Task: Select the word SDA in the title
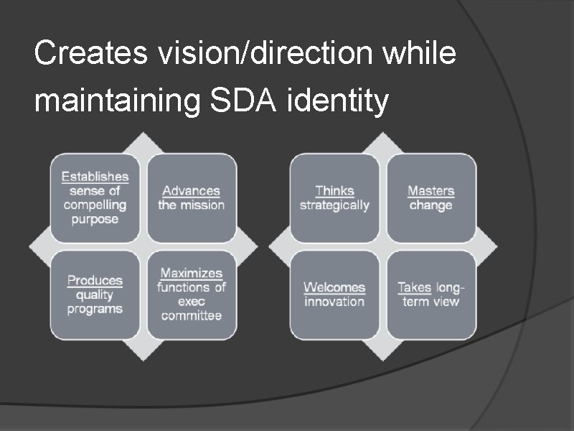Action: click(244, 101)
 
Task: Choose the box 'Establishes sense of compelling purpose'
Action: click(95, 198)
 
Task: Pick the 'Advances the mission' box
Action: click(192, 198)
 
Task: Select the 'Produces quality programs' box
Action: click(95, 295)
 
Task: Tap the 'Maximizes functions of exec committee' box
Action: click(192, 295)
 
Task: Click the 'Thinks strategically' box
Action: click(334, 198)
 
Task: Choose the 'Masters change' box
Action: click(431, 198)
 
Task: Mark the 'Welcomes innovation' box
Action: click(334, 295)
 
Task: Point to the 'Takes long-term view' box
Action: click(431, 295)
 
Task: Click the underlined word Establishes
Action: click(95, 177)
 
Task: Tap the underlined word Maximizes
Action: click(192, 273)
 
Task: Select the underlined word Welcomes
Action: click(334, 287)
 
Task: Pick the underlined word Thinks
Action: click(334, 190)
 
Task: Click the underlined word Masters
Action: click(431, 190)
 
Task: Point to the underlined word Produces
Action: click(95, 280)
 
